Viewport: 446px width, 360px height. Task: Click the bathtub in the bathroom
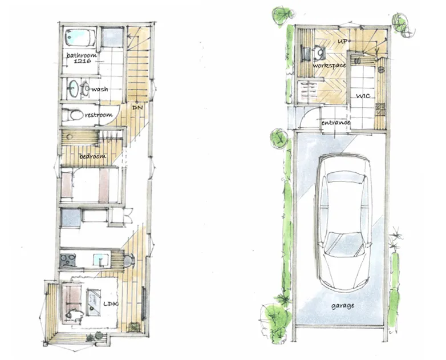80,38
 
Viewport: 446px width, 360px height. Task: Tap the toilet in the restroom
72,115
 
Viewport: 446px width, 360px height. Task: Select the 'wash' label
100,89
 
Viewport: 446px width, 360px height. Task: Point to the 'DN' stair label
137,108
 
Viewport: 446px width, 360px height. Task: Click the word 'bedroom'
93,156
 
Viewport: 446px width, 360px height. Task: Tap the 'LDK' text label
111,304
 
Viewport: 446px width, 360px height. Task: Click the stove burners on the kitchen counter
68,260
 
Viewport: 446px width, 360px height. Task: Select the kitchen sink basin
101,260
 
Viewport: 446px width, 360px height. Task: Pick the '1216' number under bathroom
82,60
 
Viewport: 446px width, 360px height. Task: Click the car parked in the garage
344,222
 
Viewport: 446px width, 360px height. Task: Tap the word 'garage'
343,306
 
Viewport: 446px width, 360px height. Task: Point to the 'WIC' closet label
363,96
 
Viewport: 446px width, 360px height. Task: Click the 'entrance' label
335,123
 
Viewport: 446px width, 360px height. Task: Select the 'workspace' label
329,66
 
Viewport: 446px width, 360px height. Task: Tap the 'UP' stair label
342,41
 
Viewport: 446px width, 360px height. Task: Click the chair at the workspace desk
320,53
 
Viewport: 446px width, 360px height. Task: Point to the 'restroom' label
99,115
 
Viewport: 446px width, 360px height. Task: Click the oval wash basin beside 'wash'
73,88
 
